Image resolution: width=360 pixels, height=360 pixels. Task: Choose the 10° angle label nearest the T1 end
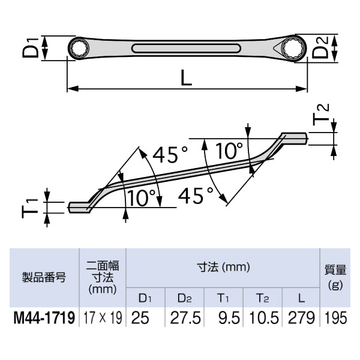[142, 197]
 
